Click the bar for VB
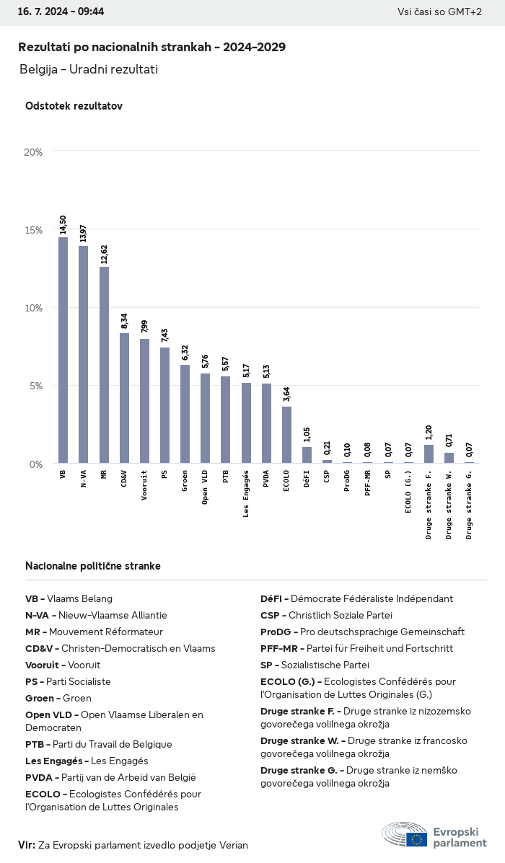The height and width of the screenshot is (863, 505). pyautogui.click(x=63, y=350)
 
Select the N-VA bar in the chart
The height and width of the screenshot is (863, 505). pyautogui.click(x=83, y=355)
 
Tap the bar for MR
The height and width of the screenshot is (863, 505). pyautogui.click(x=104, y=365)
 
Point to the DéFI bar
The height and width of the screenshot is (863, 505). pyautogui.click(x=307, y=455)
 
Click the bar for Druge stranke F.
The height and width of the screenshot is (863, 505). pyautogui.click(x=429, y=454)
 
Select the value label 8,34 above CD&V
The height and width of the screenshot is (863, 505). pyautogui.click(x=125, y=322)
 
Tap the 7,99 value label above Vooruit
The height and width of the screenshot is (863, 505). pyautogui.click(x=144, y=327)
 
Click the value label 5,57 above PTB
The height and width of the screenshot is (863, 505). pyautogui.click(x=226, y=365)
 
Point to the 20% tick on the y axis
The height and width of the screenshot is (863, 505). pyautogui.click(x=33, y=152)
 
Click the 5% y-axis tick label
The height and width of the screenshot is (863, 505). pyautogui.click(x=36, y=386)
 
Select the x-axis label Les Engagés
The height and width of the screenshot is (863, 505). pyautogui.click(x=246, y=494)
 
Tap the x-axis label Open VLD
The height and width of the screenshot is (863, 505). pyautogui.click(x=206, y=487)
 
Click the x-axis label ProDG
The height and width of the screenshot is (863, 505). pyautogui.click(x=348, y=480)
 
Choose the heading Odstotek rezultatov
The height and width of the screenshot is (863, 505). pyautogui.click(x=74, y=106)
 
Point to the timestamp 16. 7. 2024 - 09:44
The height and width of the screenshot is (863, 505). pyautogui.click(x=61, y=12)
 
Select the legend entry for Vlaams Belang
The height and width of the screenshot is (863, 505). pyautogui.click(x=69, y=598)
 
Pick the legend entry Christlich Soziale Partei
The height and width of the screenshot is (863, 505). pyautogui.click(x=327, y=615)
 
